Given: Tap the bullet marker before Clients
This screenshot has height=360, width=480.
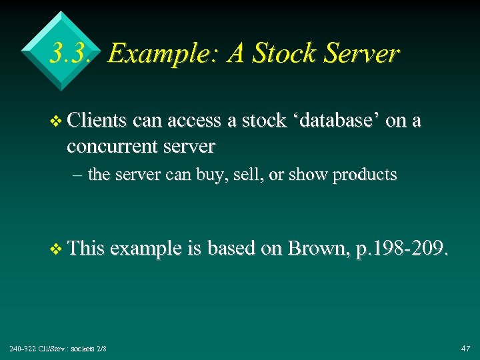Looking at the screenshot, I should click(57, 121).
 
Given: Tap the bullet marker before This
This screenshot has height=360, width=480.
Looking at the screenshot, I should click(57, 249).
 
